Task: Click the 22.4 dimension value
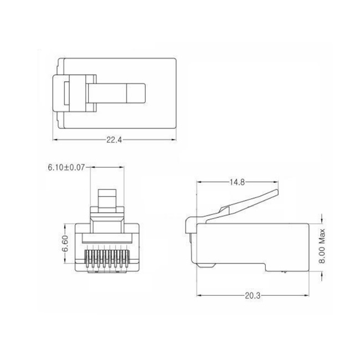pyautogui.click(x=114, y=140)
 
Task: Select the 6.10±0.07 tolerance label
pyautogui.click(x=66, y=167)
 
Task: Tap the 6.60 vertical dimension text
pyautogui.click(x=65, y=243)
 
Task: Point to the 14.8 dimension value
pyautogui.click(x=238, y=182)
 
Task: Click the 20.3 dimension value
pyautogui.click(x=253, y=296)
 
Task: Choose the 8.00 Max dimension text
pyautogui.click(x=322, y=246)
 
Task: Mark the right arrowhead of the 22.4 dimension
pyautogui.click(x=173, y=140)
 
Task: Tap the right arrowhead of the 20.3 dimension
pyautogui.click(x=306, y=296)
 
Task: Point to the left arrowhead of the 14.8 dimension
pyautogui.click(x=200, y=182)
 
